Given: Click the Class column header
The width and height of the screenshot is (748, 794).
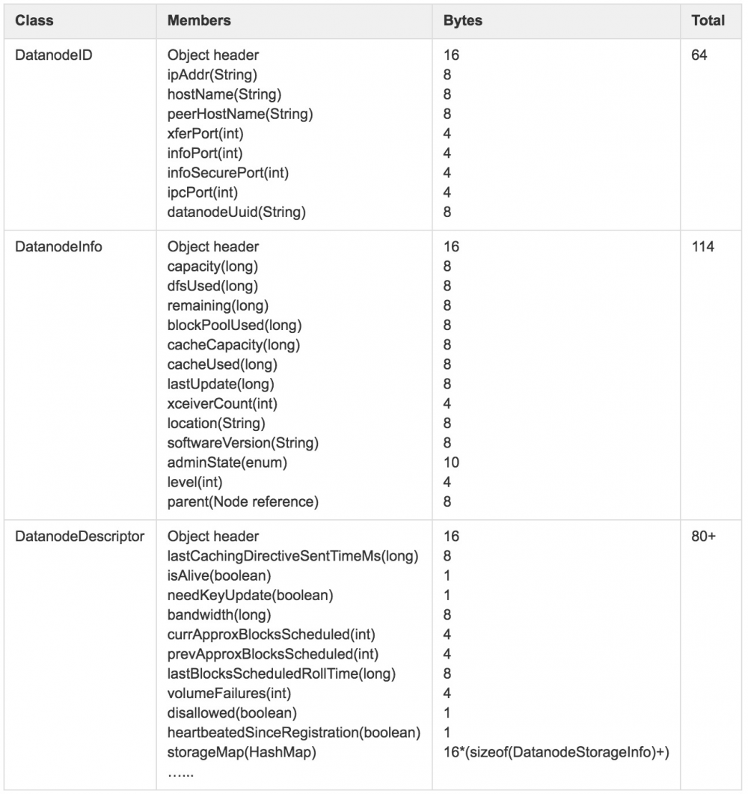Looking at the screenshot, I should (34, 21).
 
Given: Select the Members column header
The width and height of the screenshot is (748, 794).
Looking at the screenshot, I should (199, 21).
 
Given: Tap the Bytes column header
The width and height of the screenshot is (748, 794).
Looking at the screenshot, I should (463, 21).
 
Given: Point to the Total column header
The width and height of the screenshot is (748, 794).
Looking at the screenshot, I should (708, 21).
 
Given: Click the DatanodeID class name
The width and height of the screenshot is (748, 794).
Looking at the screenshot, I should (54, 56).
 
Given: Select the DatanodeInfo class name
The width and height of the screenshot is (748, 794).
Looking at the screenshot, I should (58, 247).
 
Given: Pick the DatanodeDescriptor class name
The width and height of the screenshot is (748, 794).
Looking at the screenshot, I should (80, 537).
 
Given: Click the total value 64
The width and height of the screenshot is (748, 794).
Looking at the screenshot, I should (699, 56).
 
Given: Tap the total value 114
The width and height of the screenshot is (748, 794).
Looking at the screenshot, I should (703, 247).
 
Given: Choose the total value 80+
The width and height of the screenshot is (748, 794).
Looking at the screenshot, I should (704, 537).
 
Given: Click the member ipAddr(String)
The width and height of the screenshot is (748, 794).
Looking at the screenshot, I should (212, 76).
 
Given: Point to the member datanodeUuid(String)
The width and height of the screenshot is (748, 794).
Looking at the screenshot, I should (237, 212).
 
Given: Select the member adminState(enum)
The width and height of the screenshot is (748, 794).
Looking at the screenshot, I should (227, 462).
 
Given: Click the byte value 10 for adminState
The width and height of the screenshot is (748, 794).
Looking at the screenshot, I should (451, 462).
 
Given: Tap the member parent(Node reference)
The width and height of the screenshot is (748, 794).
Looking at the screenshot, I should (243, 501).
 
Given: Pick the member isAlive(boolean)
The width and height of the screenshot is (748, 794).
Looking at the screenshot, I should (219, 575).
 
